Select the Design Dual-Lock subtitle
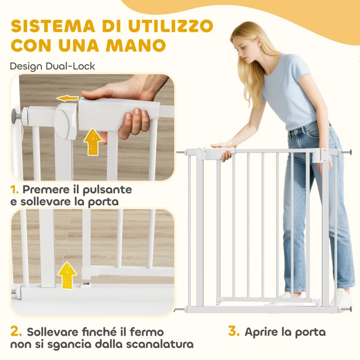coord(53,66)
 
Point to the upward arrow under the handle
coord(93,141)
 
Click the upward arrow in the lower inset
coord(67,275)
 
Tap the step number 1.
coord(15,189)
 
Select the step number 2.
coord(16,332)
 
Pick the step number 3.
coord(234,332)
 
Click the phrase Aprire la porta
coord(285,333)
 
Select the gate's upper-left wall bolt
coord(181,152)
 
